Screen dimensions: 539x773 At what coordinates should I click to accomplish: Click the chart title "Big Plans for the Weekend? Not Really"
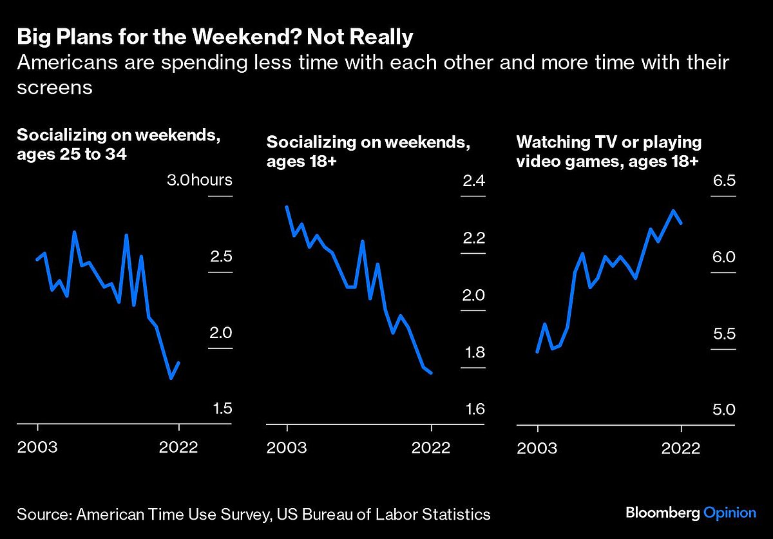(x=215, y=37)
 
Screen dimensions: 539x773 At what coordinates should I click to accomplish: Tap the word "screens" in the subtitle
(x=55, y=87)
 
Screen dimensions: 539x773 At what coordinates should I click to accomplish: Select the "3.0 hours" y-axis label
(x=199, y=180)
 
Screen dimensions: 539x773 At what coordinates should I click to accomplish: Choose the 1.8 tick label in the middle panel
(x=473, y=353)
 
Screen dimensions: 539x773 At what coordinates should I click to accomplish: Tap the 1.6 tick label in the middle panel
(x=473, y=410)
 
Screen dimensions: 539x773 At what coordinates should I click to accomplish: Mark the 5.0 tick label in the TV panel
(x=723, y=410)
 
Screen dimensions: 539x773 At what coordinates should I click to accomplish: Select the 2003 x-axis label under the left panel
(x=37, y=448)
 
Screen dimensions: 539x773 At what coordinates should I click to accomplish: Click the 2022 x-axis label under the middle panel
(x=431, y=448)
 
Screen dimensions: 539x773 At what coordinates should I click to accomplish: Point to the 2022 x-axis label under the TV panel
(x=681, y=448)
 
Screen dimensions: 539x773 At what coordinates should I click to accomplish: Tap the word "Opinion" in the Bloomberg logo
(x=729, y=513)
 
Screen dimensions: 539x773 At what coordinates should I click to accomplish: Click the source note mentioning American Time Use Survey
(x=254, y=515)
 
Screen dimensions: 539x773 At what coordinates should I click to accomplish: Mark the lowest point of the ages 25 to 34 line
(x=171, y=378)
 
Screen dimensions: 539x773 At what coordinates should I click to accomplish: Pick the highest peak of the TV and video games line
(x=674, y=211)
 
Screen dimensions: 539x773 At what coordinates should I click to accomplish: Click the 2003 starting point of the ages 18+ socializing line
(x=287, y=207)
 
